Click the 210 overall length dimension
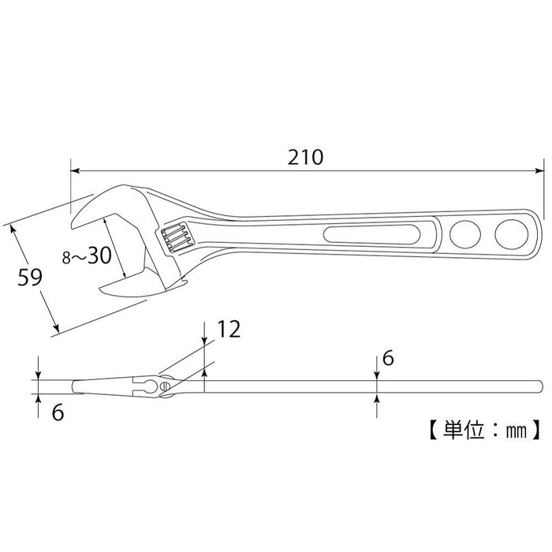pyautogui.click(x=306, y=157)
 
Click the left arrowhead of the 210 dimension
pyautogui.click(x=74, y=169)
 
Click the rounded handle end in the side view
pyautogui.click(x=539, y=385)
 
